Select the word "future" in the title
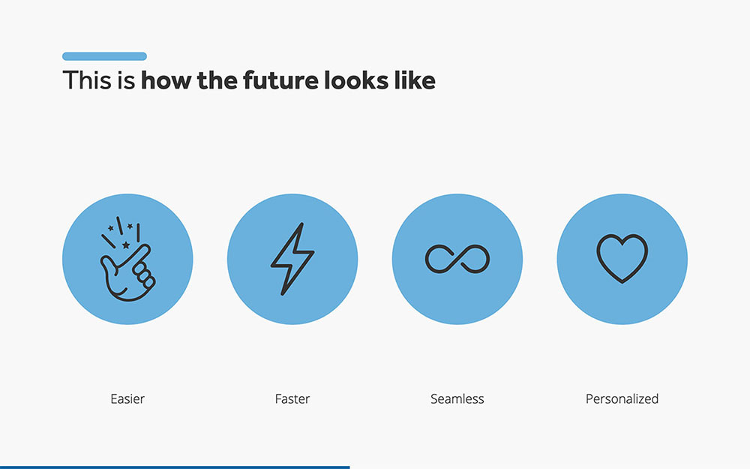click(x=280, y=80)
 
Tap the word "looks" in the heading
click(x=355, y=80)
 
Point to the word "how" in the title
click(x=166, y=80)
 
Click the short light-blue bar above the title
click(x=104, y=56)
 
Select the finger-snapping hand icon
click(x=127, y=259)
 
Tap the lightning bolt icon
click(x=292, y=259)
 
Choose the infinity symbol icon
click(x=457, y=259)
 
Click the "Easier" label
click(x=127, y=398)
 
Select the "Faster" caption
click(x=292, y=398)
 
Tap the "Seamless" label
click(x=457, y=398)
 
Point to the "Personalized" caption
click(x=622, y=398)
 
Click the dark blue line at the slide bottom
click(x=175, y=467)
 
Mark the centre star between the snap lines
click(x=126, y=245)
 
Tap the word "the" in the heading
click(x=217, y=80)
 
